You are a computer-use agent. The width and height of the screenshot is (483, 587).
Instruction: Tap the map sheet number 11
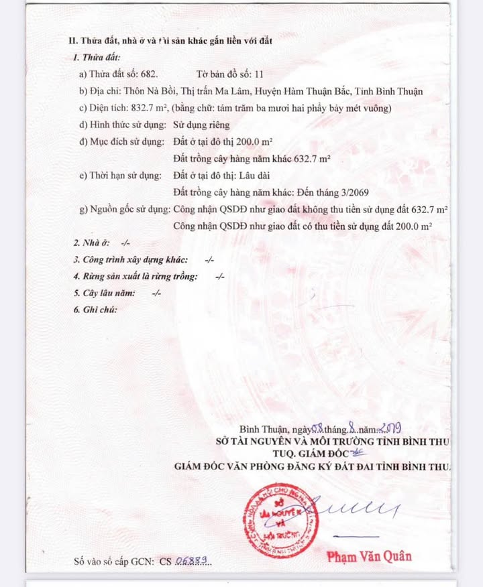[x=259, y=74]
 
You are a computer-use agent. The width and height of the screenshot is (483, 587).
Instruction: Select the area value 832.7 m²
[x=152, y=108]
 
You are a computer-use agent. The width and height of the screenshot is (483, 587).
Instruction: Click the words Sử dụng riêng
[x=201, y=125]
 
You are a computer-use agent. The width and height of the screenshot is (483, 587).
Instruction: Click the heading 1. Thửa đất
[x=97, y=58]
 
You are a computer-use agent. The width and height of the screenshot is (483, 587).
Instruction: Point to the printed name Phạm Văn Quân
[x=370, y=556]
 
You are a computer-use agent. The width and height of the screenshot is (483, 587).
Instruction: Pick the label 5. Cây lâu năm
[x=105, y=293]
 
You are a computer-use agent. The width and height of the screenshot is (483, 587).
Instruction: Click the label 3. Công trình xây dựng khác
[x=130, y=259]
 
